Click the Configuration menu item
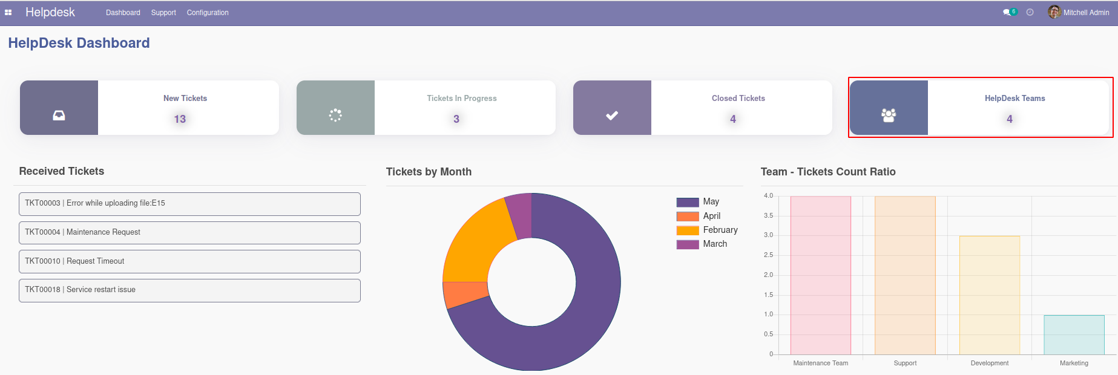[x=208, y=13]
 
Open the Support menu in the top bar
[x=163, y=13]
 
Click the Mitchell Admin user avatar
[x=1054, y=12]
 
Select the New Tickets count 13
[x=180, y=119]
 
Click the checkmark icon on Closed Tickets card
[x=612, y=115]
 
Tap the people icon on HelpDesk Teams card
[x=889, y=115]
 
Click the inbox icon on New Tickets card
[x=59, y=115]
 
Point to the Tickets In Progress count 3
[x=456, y=119]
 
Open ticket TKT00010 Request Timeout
[x=189, y=261]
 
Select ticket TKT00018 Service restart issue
[x=189, y=290]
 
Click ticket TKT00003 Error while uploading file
[x=189, y=204]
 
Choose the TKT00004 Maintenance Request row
[x=189, y=233]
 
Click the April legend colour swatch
[x=688, y=217]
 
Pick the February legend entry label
[x=720, y=230]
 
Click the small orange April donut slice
[x=465, y=293]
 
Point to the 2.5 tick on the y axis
[x=768, y=255]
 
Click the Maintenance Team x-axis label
[x=820, y=363]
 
